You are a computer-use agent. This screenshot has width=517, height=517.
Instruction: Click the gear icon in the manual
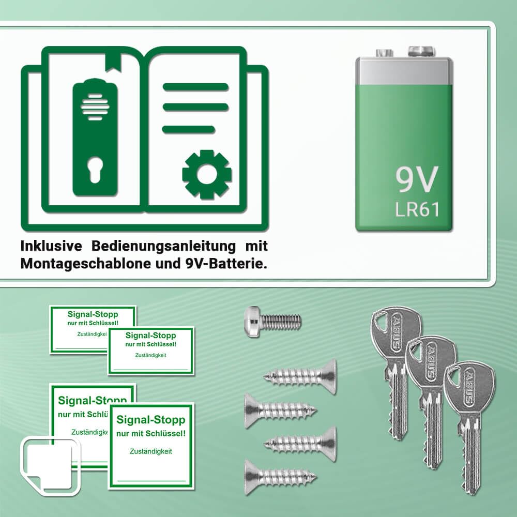(x=207, y=174)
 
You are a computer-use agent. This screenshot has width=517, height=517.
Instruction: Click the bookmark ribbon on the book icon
(x=113, y=62)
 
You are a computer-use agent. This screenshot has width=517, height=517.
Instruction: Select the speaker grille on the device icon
(x=95, y=107)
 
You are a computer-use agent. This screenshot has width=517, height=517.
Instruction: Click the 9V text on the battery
(x=417, y=180)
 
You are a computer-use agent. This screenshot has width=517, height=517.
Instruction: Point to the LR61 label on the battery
(x=417, y=210)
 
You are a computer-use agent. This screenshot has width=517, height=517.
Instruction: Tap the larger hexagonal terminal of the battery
(x=421, y=51)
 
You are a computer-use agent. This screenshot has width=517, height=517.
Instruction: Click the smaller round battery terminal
(x=385, y=53)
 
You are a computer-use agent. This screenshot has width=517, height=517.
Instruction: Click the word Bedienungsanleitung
(x=163, y=246)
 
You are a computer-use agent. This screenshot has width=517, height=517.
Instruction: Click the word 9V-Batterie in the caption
(x=224, y=264)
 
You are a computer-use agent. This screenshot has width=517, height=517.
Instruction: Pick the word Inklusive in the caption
(x=51, y=246)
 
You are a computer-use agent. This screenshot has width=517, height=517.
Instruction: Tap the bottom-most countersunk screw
(x=280, y=477)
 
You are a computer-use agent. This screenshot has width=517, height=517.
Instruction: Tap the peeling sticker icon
(x=50, y=466)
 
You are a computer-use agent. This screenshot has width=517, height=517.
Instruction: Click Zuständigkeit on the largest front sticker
(x=150, y=451)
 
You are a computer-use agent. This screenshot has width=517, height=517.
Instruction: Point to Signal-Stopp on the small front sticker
(x=150, y=336)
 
